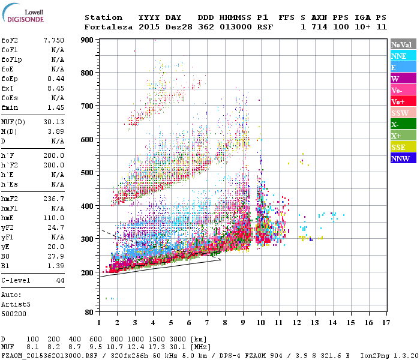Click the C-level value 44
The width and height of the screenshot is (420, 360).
pyautogui.click(x=60, y=280)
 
